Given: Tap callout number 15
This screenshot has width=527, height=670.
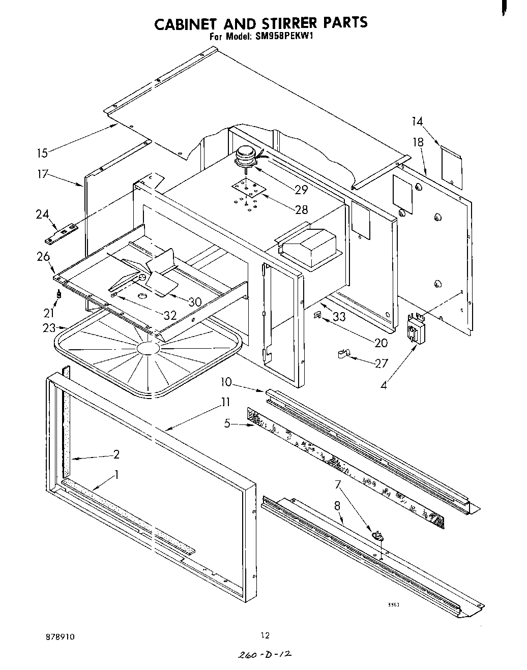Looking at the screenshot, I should click(x=42, y=152).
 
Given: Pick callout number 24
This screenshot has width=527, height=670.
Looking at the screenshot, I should click(x=42, y=214).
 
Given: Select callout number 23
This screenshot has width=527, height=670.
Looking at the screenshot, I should click(x=48, y=328).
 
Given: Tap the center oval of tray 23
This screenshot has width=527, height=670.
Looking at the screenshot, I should click(x=149, y=348).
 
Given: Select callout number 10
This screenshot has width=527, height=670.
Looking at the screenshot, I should click(x=226, y=381).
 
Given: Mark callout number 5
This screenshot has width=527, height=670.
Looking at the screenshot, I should click(x=227, y=422).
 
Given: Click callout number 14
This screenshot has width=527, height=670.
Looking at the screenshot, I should click(x=417, y=121).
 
